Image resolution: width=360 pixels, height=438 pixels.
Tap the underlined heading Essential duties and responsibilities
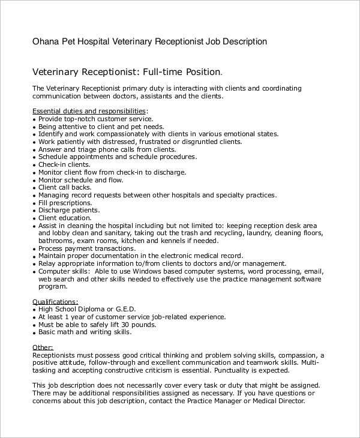click(89, 111)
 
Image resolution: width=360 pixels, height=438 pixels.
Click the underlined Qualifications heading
click(55, 302)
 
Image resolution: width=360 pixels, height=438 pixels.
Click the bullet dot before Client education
click(34, 218)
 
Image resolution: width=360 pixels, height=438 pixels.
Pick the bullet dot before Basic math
click(34, 332)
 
